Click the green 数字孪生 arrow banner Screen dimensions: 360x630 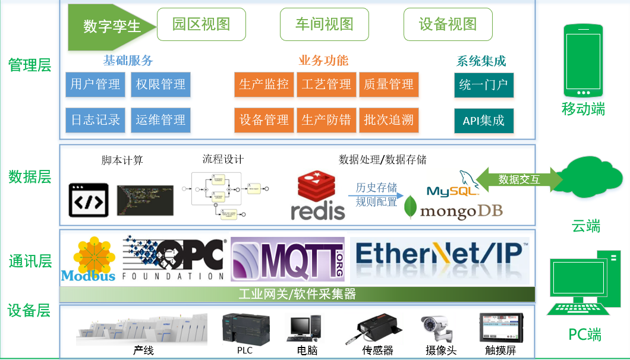(110, 26)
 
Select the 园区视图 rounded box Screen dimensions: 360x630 (201, 24)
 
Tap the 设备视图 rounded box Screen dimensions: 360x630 (448, 24)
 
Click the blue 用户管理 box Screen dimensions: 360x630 (95, 85)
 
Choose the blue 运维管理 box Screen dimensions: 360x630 (160, 120)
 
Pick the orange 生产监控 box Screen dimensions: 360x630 (264, 85)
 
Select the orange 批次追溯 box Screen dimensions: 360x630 (389, 120)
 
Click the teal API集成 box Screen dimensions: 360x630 (483, 121)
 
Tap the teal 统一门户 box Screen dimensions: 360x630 (483, 85)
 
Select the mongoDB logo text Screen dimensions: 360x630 (461, 210)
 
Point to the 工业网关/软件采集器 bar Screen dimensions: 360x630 (297, 294)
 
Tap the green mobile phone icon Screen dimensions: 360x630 (583, 61)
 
